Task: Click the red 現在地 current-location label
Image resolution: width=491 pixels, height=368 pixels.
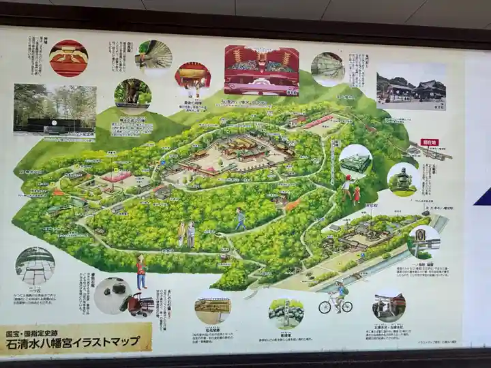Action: [x=430, y=142]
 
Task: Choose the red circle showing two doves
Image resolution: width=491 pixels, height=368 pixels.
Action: [x=68, y=57]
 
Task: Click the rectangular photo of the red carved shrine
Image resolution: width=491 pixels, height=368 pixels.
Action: [x=262, y=70]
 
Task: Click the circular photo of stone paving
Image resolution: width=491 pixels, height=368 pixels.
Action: [x=35, y=265]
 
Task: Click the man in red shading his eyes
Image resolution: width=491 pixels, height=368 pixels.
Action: [x=141, y=271]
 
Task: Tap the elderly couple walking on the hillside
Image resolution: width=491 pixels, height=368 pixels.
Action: [x=186, y=234]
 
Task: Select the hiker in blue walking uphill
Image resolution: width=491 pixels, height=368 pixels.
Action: [x=240, y=219]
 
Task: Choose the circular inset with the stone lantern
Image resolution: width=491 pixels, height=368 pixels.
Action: [x=402, y=179]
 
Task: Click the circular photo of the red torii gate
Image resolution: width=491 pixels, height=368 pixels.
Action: [x=389, y=306]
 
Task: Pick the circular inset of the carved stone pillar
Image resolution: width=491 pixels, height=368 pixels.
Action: [x=425, y=241]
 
